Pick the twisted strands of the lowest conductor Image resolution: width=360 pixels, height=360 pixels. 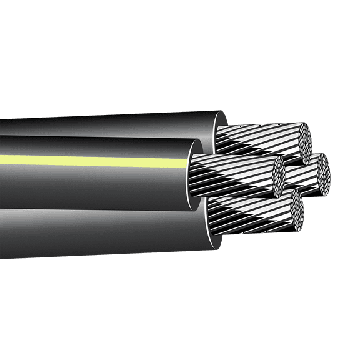(x=250, y=216)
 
